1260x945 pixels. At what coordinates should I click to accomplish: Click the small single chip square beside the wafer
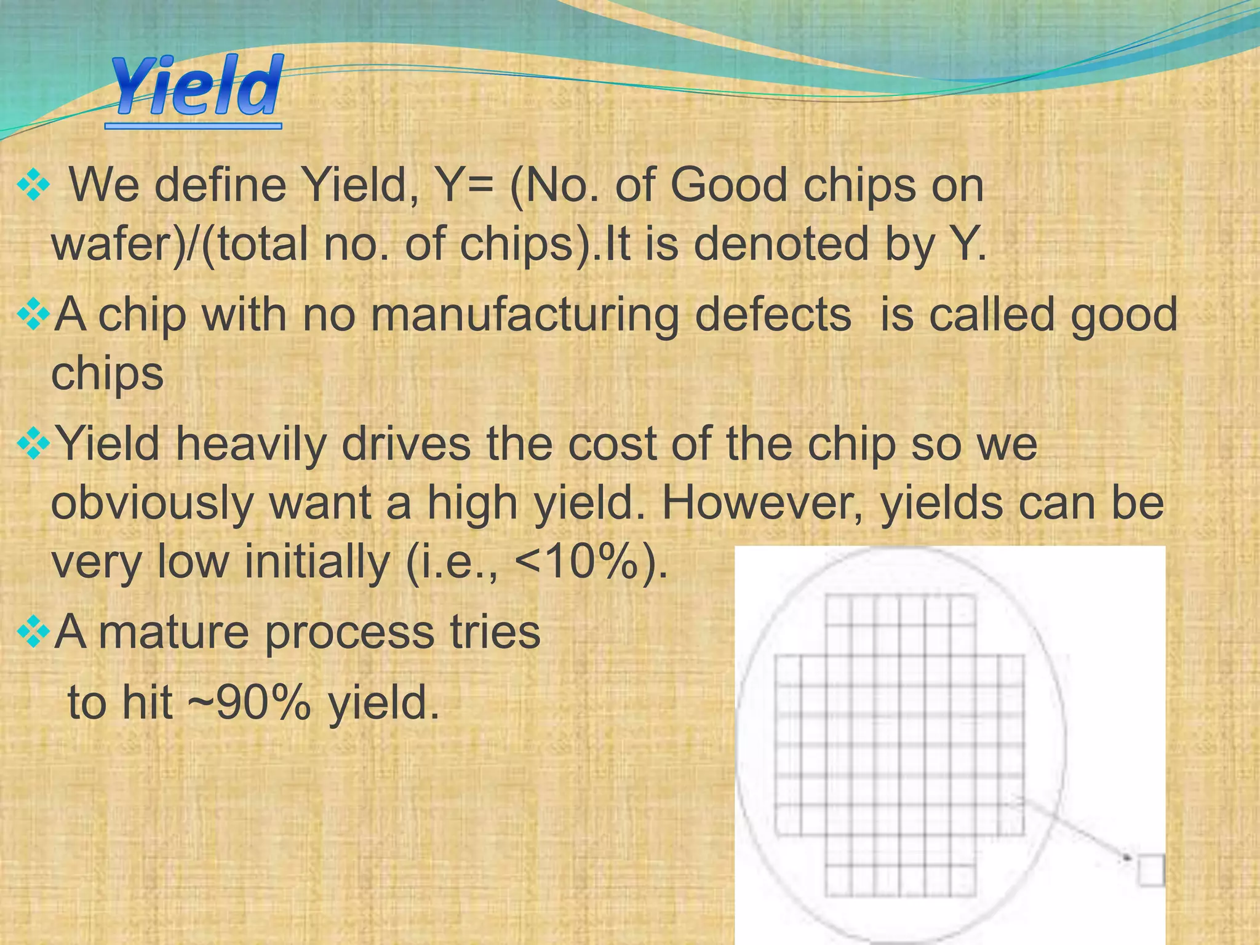coord(1150,870)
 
